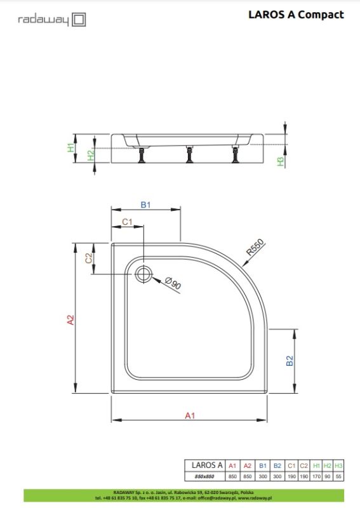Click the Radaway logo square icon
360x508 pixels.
(x=78, y=20)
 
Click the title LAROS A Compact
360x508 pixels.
(x=296, y=15)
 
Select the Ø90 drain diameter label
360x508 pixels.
(x=173, y=284)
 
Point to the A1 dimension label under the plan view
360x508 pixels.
(x=189, y=415)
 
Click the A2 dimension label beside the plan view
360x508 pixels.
(x=71, y=321)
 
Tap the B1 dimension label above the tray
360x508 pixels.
(x=145, y=204)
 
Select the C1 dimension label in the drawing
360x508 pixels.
(x=126, y=222)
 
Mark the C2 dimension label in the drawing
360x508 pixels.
(x=89, y=258)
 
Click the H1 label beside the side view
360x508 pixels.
(x=71, y=149)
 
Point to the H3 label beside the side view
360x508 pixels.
(x=279, y=161)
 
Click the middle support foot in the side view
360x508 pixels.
(x=189, y=154)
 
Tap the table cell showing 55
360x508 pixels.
(x=338, y=476)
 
